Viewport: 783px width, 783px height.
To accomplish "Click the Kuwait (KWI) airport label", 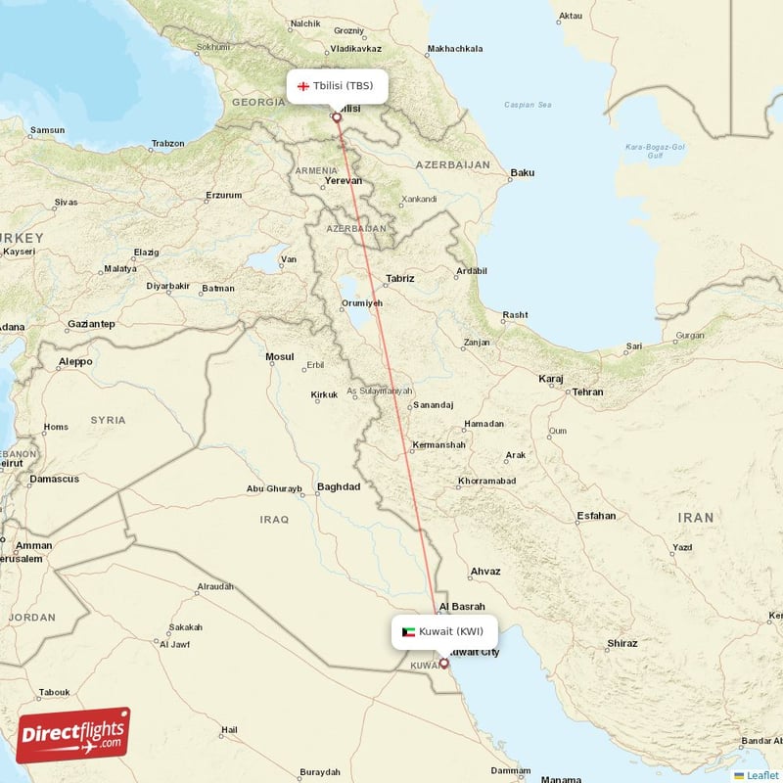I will [450, 631].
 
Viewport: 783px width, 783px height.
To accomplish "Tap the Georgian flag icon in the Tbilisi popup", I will [303, 86].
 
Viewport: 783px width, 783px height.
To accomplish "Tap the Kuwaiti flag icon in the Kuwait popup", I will [408, 631].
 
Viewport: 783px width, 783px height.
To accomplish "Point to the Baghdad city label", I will [339, 486].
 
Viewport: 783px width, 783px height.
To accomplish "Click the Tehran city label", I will [587, 391].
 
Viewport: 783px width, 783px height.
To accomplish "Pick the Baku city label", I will [523, 173].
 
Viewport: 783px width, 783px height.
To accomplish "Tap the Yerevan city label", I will [344, 181].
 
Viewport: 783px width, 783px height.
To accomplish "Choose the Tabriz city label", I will [399, 279].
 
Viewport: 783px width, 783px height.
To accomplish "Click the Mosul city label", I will [279, 356].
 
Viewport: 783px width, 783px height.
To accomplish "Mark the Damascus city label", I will [54, 479].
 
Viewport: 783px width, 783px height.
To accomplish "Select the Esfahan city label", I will [596, 515].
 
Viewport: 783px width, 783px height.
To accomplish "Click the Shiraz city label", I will [622, 643].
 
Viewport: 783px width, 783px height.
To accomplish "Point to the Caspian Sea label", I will [528, 105].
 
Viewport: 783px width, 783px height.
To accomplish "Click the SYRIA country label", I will [108, 420].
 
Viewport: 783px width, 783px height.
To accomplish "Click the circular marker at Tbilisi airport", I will [338, 117].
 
